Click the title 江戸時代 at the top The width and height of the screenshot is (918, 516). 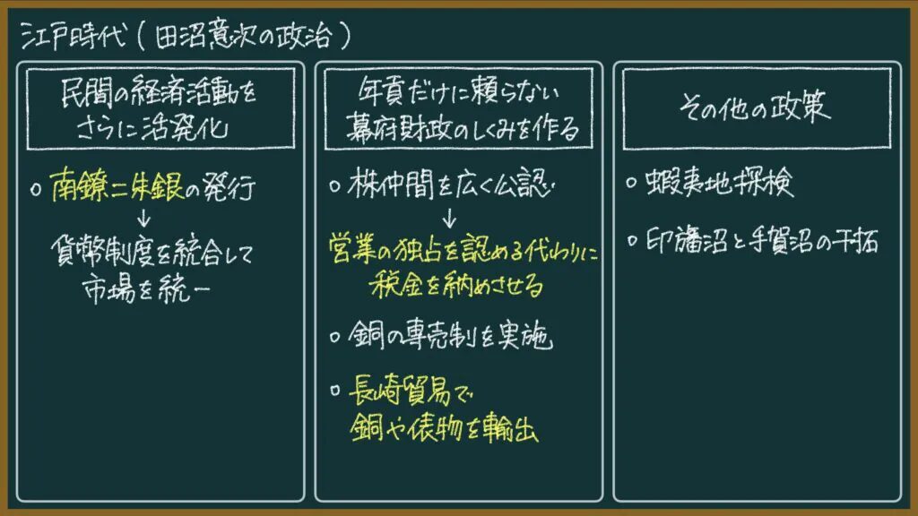(x=74, y=36)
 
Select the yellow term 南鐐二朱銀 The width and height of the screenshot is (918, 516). (x=117, y=186)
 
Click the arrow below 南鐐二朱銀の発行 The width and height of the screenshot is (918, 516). (x=144, y=218)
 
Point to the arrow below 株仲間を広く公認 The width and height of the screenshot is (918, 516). (x=449, y=218)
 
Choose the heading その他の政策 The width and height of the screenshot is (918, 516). (x=755, y=107)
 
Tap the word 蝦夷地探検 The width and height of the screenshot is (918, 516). (x=720, y=183)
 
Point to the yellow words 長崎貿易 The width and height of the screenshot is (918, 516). (x=400, y=390)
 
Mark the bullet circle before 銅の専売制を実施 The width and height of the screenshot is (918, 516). (x=335, y=337)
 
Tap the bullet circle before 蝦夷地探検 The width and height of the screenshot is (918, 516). (x=631, y=183)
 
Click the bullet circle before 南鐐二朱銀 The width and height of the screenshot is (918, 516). (x=36, y=190)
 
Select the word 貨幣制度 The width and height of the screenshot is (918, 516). (x=102, y=252)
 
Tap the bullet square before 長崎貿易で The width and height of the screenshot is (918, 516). (x=335, y=390)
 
